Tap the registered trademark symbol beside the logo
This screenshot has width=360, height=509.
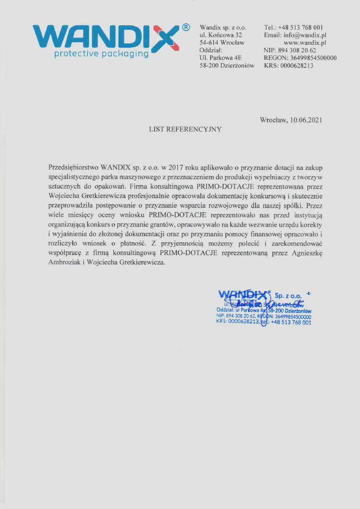186,27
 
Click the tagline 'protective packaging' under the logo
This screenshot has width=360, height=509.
101,54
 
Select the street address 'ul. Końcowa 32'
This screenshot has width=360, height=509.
221,35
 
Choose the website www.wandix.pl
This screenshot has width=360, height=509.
305,42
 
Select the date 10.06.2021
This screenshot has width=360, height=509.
306,120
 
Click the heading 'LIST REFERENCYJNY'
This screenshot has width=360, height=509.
185,129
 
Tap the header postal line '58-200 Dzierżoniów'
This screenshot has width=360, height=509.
227,66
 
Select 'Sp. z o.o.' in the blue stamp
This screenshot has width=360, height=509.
288,295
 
